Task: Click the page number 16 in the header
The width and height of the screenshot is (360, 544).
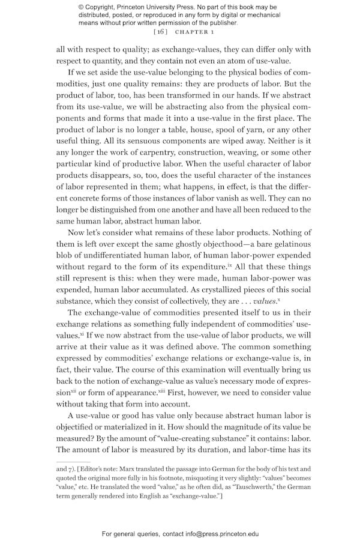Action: [x=160, y=31]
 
